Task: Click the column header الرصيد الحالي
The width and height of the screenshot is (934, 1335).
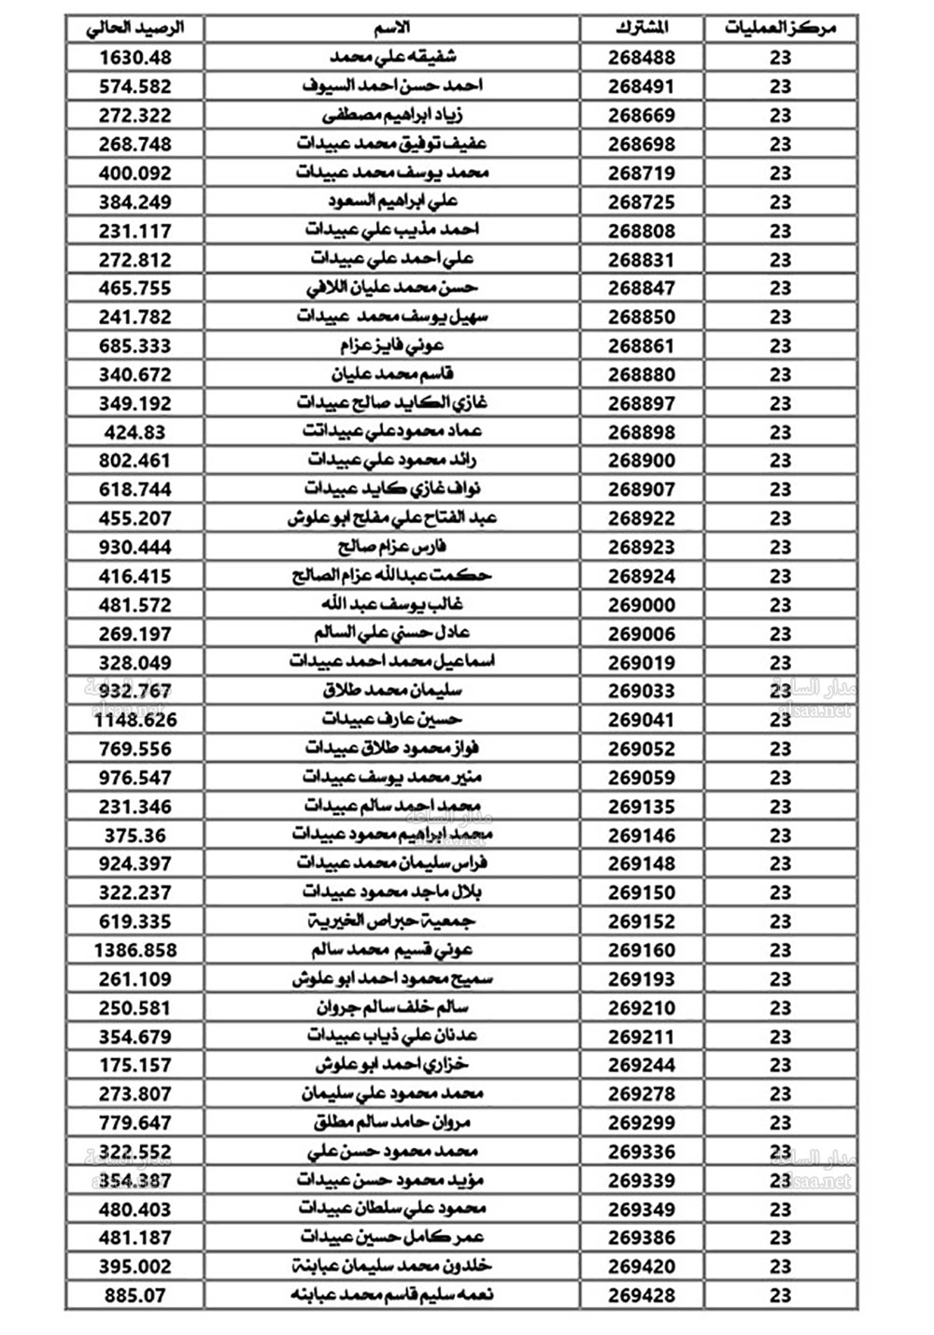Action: (135, 28)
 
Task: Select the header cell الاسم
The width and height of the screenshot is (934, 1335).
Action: (392, 28)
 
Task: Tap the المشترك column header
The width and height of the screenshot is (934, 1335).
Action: (642, 28)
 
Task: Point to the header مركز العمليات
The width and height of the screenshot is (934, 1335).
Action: (780, 28)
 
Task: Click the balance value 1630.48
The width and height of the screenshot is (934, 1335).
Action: (135, 57)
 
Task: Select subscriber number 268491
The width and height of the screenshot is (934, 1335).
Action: (642, 86)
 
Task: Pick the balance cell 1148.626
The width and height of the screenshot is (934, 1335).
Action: (135, 720)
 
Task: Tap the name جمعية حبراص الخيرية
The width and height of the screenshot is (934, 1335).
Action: (392, 921)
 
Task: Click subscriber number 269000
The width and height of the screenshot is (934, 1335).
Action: (642, 605)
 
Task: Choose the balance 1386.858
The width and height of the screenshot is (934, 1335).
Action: (135, 950)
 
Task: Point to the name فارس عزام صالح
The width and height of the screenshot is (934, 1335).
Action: (392, 547)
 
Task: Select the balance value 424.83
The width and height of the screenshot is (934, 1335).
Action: (135, 432)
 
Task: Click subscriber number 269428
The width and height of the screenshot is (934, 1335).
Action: (642, 1296)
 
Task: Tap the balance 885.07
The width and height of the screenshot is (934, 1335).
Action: (135, 1296)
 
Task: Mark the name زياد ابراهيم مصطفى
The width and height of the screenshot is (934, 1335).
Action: (392, 115)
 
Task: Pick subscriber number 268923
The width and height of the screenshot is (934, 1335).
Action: (642, 547)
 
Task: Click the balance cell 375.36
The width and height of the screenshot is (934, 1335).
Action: (135, 836)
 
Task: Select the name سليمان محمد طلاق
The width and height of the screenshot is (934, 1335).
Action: (392, 691)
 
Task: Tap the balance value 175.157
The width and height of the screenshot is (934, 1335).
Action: (135, 1065)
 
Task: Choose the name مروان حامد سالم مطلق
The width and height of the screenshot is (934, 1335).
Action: (392, 1123)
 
